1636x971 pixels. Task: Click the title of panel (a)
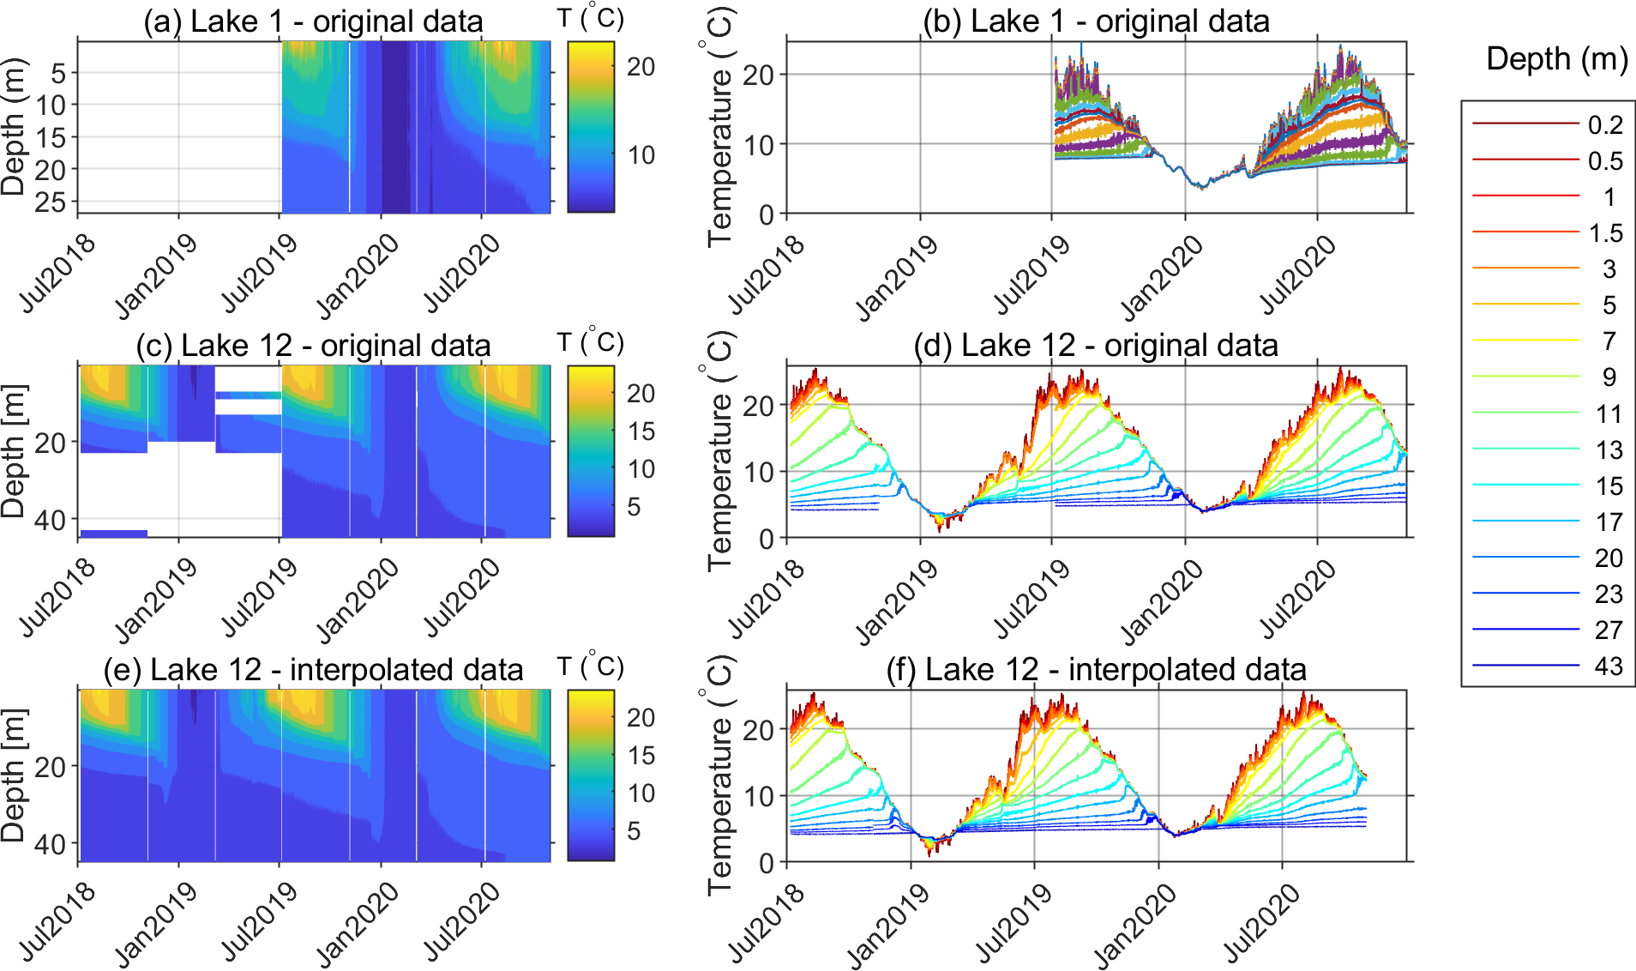pyautogui.click(x=313, y=21)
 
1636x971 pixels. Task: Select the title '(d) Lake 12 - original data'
pyautogui.click(x=1096, y=346)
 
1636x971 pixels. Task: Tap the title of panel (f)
pyautogui.click(x=1096, y=670)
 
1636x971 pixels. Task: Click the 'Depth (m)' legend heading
pyautogui.click(x=1556, y=59)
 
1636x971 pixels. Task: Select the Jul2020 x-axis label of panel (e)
pyautogui.click(x=461, y=922)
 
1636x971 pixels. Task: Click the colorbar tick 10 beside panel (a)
pyautogui.click(x=641, y=155)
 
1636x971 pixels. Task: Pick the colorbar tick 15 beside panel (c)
pyautogui.click(x=641, y=431)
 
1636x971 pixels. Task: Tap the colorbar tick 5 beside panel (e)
pyautogui.click(x=634, y=831)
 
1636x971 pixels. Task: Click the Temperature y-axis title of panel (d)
pyautogui.click(x=719, y=452)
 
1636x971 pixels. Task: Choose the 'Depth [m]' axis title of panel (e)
pyautogui.click(x=14, y=775)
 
